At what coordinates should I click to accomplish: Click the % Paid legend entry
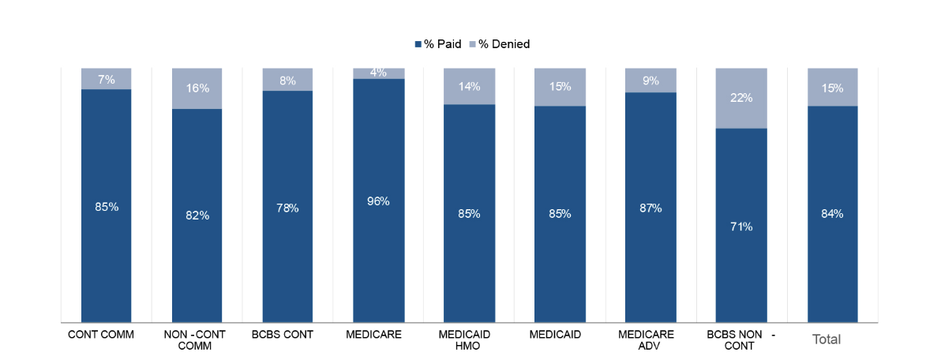(438, 44)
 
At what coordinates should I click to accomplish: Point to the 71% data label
(741, 227)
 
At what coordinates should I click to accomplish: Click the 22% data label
(741, 98)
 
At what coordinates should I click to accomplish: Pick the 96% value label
(379, 201)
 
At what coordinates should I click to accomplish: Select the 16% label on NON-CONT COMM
(197, 88)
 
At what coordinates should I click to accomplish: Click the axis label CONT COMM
(101, 335)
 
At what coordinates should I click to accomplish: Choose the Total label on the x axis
(827, 339)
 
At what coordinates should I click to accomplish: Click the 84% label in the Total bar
(832, 214)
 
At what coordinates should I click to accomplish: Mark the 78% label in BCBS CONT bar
(288, 208)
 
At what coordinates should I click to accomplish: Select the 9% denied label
(650, 80)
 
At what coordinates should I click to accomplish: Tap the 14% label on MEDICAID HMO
(469, 87)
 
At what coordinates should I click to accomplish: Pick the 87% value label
(650, 208)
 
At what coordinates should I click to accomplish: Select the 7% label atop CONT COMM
(107, 79)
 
